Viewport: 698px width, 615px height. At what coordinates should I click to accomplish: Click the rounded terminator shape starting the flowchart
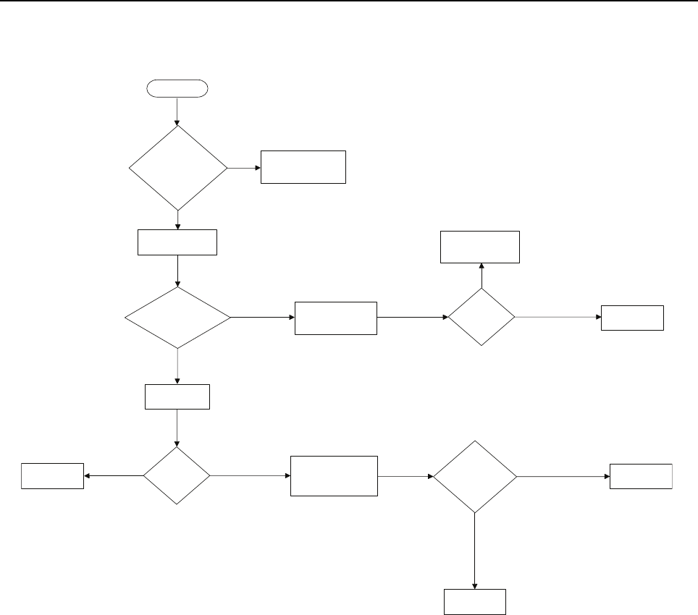(177, 89)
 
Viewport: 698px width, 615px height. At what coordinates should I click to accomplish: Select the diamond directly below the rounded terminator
(177, 168)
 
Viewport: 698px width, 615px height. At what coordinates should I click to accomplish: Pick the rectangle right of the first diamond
(303, 167)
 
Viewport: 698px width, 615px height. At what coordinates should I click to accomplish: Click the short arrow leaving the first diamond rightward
(243, 168)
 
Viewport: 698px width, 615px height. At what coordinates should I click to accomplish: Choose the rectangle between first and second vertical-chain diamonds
(177, 242)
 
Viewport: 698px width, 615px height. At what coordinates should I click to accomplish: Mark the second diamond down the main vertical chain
(177, 318)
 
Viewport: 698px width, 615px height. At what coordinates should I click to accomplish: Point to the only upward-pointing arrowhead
(482, 266)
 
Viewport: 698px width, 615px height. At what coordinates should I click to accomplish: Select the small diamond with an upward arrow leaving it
(482, 317)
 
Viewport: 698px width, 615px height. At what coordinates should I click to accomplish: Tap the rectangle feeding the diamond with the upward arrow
(336, 318)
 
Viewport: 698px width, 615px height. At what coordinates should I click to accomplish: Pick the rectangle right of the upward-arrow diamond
(632, 318)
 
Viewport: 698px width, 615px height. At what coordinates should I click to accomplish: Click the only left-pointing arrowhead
(88, 476)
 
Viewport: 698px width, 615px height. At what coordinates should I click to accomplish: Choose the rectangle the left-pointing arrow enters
(52, 476)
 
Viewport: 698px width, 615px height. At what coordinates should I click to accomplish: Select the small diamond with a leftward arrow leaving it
(177, 475)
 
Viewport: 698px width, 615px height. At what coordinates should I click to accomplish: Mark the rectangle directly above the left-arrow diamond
(177, 396)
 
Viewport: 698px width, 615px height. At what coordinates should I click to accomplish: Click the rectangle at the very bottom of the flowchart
(474, 602)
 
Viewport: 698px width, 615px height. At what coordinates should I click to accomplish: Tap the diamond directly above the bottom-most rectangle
(475, 477)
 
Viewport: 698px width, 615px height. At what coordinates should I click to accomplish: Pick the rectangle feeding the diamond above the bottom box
(334, 475)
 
